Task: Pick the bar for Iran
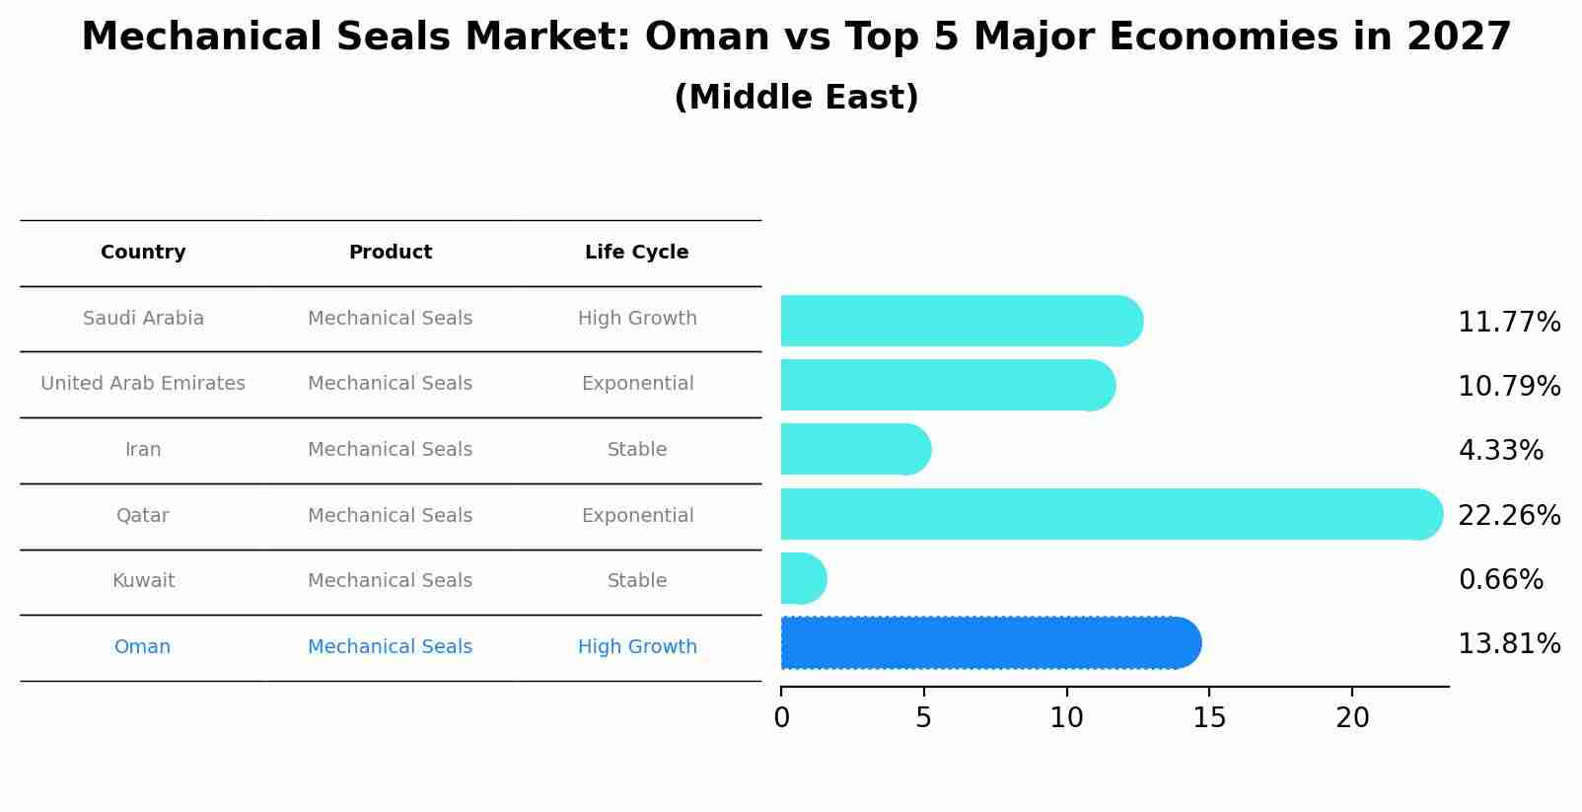tap(854, 449)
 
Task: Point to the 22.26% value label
tap(1508, 515)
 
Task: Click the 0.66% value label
tap(1500, 579)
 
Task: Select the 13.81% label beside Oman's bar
tap(1508, 644)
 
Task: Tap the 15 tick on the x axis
tap(1209, 718)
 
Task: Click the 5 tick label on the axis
tap(923, 718)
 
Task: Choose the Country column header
tap(143, 253)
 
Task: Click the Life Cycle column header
tap(636, 253)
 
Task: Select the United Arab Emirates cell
tap(143, 384)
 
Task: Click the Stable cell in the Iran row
tap(636, 450)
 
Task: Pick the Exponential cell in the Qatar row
tap(636, 516)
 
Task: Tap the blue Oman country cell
tap(142, 647)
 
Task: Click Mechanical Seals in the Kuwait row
tap(390, 581)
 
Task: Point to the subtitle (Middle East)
tap(796, 98)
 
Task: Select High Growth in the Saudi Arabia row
tap(636, 319)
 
